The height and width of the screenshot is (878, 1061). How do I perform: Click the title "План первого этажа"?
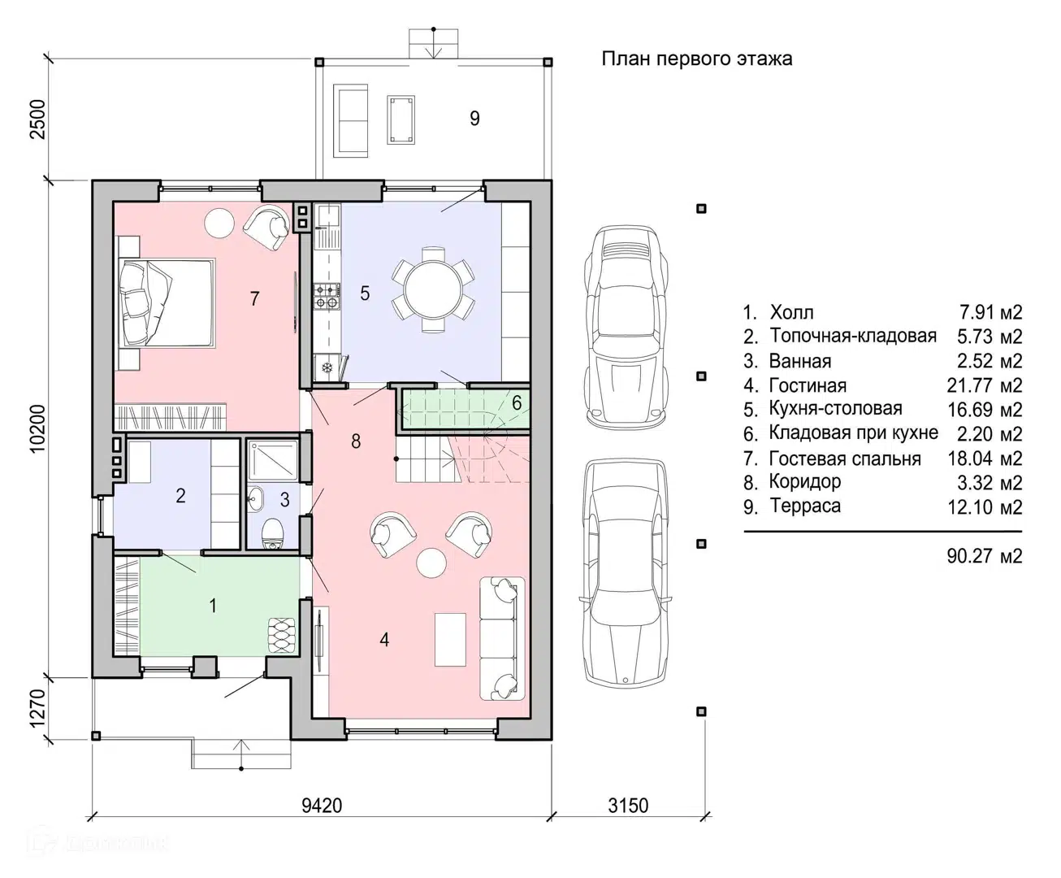pyautogui.click(x=697, y=59)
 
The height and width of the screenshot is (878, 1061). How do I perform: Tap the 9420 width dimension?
pyautogui.click(x=322, y=806)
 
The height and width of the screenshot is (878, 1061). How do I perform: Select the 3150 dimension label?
pyautogui.click(x=628, y=806)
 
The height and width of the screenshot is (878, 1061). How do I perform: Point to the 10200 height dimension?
pyautogui.click(x=37, y=428)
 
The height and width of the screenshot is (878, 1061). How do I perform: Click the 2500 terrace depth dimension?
pyautogui.click(x=37, y=120)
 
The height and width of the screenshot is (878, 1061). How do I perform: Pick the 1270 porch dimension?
pyautogui.click(x=37, y=708)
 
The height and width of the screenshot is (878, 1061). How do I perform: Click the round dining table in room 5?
pyautogui.click(x=433, y=289)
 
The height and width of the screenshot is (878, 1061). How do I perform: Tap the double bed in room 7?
pyautogui.click(x=167, y=303)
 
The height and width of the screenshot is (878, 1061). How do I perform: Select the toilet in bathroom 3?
pyautogui.click(x=272, y=534)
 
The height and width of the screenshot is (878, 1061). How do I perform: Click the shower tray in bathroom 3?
pyautogui.click(x=273, y=461)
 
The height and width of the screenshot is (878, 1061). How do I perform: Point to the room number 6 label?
pyautogui.click(x=516, y=403)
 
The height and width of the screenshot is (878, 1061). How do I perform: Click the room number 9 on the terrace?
pyautogui.click(x=474, y=119)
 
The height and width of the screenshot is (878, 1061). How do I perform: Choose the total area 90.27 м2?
pyautogui.click(x=985, y=556)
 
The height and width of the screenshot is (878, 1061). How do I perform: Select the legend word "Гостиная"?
pyautogui.click(x=808, y=385)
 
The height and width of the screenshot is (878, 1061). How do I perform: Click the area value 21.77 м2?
pyautogui.click(x=985, y=385)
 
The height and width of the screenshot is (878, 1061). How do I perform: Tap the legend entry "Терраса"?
pyautogui.click(x=805, y=506)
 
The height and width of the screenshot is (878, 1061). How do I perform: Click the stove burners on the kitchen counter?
pyautogui.click(x=326, y=297)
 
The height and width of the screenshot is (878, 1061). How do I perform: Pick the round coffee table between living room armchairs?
pyautogui.click(x=431, y=563)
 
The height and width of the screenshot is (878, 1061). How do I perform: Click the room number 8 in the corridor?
pyautogui.click(x=356, y=441)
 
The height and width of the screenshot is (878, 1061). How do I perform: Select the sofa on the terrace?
pyautogui.click(x=350, y=121)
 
